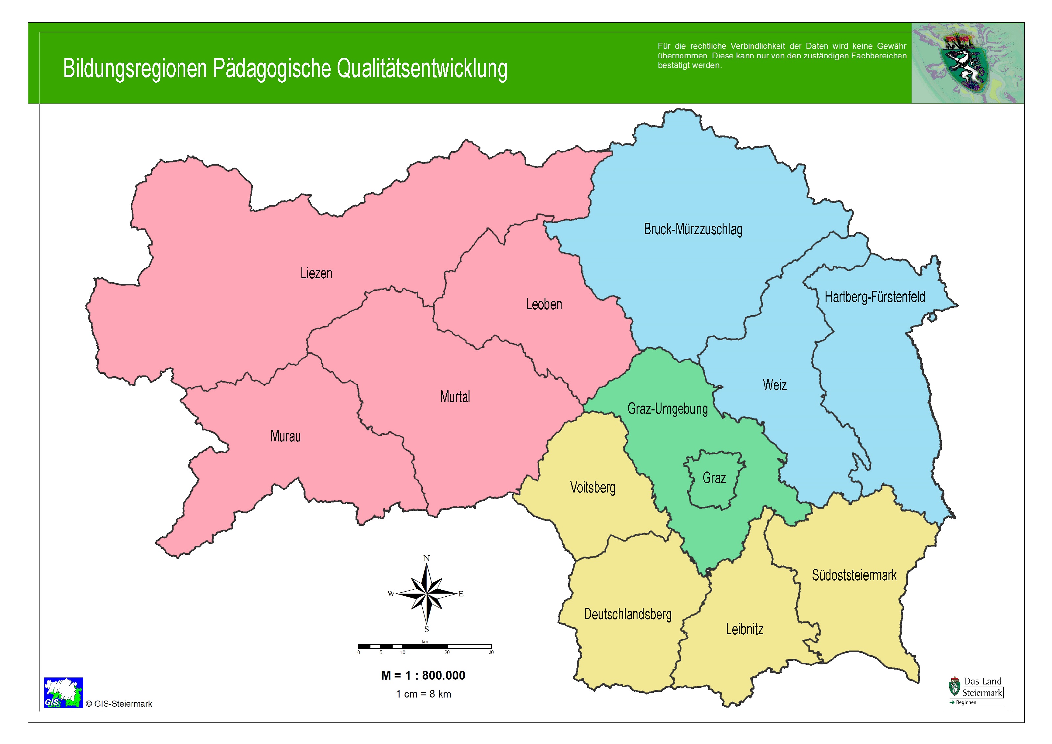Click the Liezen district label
pyautogui.click(x=316, y=273)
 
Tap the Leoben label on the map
pyautogui.click(x=543, y=304)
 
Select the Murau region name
pyautogui.click(x=285, y=436)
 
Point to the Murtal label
pyautogui.click(x=455, y=396)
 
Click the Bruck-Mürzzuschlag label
pyautogui.click(x=693, y=229)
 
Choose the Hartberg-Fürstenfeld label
pyautogui.click(x=875, y=297)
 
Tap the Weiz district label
pyautogui.click(x=774, y=385)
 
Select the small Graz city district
pyautogui.click(x=714, y=478)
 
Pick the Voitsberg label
pyautogui.click(x=592, y=487)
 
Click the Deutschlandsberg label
pyautogui.click(x=627, y=614)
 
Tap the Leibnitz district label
pyautogui.click(x=744, y=629)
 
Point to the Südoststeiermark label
pyautogui.click(x=854, y=575)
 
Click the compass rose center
pyautogui.click(x=427, y=594)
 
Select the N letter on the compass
pyautogui.click(x=427, y=558)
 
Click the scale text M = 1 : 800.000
pyautogui.click(x=423, y=675)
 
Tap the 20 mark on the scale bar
pyautogui.click(x=447, y=652)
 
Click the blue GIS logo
pyautogui.click(x=63, y=692)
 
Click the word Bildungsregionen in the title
pyautogui.click(x=135, y=69)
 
